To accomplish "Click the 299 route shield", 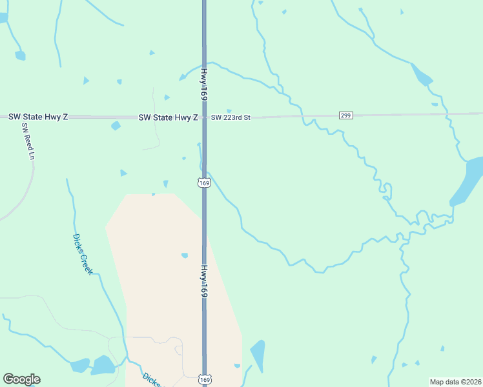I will (x=345, y=115).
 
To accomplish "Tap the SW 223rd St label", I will (x=230, y=117).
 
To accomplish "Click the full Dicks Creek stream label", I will (x=82, y=253).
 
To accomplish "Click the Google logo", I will (x=21, y=379).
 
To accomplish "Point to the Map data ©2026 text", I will (x=455, y=382).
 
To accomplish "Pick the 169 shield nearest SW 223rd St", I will (x=204, y=183).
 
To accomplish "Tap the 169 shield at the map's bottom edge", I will (x=205, y=380).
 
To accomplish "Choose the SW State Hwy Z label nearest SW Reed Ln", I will (x=37, y=117).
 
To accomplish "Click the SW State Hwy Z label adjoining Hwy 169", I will (x=168, y=117).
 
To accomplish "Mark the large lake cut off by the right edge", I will (x=469, y=181).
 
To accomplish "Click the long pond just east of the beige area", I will (x=258, y=355).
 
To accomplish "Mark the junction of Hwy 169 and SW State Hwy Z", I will (x=204, y=117).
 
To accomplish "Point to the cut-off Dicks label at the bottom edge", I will (x=150, y=379).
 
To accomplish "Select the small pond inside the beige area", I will (x=185, y=255).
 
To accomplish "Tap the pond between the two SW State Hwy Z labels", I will (x=116, y=126).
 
